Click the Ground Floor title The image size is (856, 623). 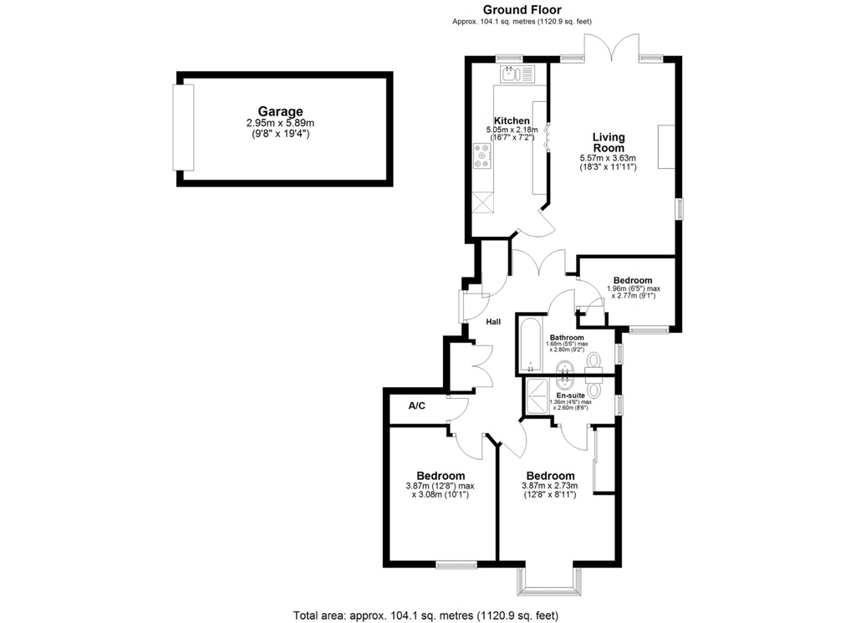[522, 9]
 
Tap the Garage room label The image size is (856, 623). [280, 112]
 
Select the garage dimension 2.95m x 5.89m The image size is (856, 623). [280, 124]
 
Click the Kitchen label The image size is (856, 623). [512, 120]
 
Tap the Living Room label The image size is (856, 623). [609, 142]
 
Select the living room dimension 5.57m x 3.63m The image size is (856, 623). [609, 158]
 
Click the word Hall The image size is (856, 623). [493, 322]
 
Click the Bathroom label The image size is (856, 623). [567, 338]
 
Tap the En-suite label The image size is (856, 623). [570, 396]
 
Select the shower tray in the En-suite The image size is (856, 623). [537, 396]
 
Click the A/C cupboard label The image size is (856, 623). [416, 406]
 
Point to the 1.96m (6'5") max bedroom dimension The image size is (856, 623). [634, 289]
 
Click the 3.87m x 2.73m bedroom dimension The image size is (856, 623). [550, 485]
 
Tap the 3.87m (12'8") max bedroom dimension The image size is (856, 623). [440, 485]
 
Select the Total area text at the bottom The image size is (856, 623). [425, 615]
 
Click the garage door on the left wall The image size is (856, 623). [183, 128]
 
